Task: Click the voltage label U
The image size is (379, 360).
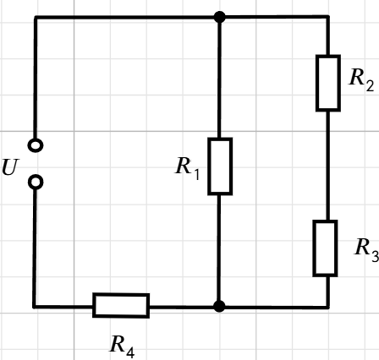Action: [x=10, y=167]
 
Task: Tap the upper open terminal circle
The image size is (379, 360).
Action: [x=36, y=145]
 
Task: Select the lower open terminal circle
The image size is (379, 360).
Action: [x=36, y=183]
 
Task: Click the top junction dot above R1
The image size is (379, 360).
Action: [x=220, y=17]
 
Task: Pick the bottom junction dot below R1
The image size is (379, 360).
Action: [x=219, y=306]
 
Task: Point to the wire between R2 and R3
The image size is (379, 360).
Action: [x=327, y=166]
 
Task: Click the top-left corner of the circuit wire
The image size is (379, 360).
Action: [x=36, y=18]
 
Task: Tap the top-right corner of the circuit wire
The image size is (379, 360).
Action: [x=328, y=17]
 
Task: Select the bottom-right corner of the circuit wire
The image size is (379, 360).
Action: [x=328, y=307]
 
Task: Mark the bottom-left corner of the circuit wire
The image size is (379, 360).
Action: [x=35, y=306]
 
